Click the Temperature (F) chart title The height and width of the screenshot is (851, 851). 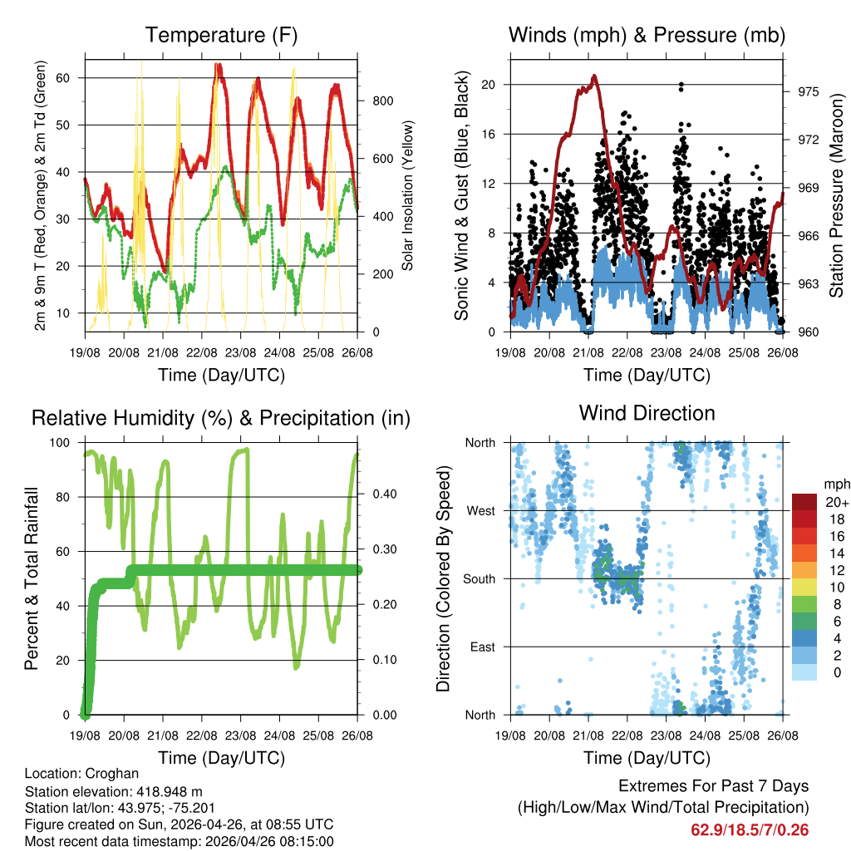[221, 35]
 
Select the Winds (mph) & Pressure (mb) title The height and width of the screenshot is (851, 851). [647, 35]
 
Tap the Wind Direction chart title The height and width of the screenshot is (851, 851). [647, 413]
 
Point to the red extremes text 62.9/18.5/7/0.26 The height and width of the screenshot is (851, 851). [749, 829]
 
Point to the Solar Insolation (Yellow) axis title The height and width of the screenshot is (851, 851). [408, 195]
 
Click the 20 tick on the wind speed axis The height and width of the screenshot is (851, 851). [489, 85]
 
